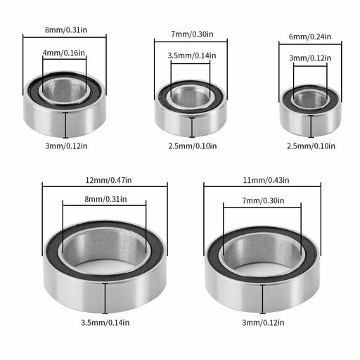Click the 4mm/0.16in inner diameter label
(64, 53)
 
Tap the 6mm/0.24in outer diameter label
(310, 37)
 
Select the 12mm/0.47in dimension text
(108, 180)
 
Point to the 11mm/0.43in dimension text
(266, 180)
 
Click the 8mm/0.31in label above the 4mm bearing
(66, 30)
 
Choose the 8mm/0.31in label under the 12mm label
(105, 199)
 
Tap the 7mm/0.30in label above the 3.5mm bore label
(192, 34)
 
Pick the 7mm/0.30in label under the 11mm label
(263, 200)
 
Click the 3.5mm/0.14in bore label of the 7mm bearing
(192, 56)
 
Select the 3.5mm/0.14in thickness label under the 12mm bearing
(105, 323)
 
